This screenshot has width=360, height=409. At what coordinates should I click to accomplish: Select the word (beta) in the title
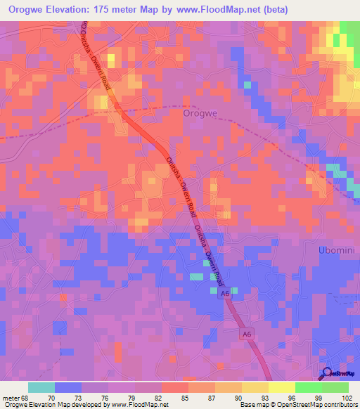[273, 10]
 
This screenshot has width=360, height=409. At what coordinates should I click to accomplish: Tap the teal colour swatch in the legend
[41, 387]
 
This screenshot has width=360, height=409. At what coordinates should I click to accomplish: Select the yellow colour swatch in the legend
[255, 387]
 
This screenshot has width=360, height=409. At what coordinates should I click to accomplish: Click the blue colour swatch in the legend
[68, 387]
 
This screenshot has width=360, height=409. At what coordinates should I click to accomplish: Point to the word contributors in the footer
[337, 405]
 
